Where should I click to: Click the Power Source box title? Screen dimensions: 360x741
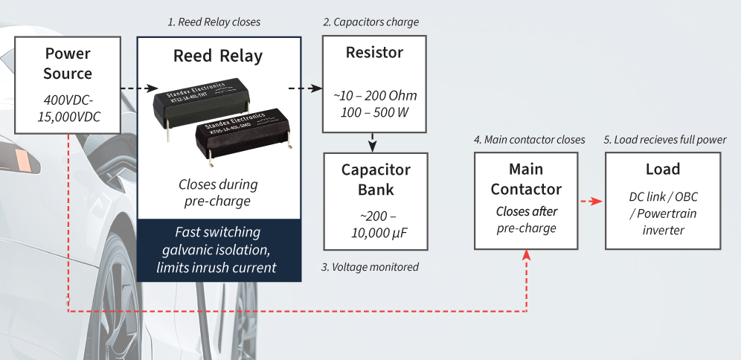pos(68,63)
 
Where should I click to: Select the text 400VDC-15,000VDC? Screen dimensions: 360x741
pos(68,109)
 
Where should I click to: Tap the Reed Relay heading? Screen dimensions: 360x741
pos(218,57)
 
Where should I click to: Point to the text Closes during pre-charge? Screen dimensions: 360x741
pos(218,193)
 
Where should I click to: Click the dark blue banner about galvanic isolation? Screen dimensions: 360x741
pos(219,249)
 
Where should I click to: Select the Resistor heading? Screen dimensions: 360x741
pos(374,53)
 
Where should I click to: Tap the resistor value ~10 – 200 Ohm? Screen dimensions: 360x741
pos(375,97)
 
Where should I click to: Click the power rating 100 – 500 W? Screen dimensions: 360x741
pos(375,114)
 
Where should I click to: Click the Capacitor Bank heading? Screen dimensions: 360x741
pos(376,179)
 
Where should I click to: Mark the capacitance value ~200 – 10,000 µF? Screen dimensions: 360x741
pos(376,225)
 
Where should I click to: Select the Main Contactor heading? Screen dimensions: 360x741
pos(526,179)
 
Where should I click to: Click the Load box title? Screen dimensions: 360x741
pos(662,170)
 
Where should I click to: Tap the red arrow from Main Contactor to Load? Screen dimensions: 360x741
pos(591,202)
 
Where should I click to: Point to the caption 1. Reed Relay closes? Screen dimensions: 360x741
pos(214,22)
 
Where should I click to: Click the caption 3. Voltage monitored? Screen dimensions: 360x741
pos(370,267)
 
